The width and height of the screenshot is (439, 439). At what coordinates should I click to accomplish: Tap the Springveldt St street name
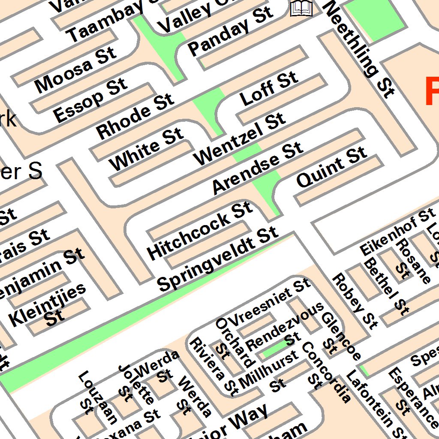[218, 259]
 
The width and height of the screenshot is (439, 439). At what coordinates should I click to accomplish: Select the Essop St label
[90, 100]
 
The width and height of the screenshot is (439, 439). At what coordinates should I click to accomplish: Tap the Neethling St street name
[359, 48]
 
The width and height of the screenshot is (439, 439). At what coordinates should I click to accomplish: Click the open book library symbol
[301, 8]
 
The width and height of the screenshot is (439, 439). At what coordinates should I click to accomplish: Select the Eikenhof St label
[397, 232]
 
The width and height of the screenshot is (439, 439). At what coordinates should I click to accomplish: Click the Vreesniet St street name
[270, 301]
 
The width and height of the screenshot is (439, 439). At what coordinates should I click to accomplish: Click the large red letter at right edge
[431, 91]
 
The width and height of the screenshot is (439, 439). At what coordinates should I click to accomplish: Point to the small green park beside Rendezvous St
[274, 349]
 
